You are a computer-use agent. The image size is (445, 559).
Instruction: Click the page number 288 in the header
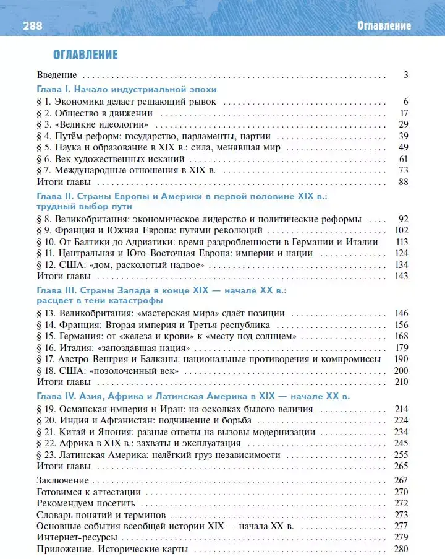(32, 25)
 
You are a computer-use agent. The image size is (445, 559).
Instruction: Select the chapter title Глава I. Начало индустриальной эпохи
(126, 89)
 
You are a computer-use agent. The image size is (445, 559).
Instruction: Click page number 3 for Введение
(406, 75)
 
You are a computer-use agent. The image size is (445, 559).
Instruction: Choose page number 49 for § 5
(404, 147)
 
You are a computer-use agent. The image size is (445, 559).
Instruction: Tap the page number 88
(404, 182)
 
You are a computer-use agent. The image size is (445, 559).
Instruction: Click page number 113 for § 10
(402, 242)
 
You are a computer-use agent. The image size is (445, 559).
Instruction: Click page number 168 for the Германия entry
(402, 336)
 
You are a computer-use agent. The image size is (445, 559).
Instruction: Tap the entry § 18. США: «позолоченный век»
(108, 371)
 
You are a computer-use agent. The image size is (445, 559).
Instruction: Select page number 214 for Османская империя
(402, 409)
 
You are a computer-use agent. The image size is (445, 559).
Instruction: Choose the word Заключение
(63, 480)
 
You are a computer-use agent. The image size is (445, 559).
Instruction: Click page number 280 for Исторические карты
(402, 549)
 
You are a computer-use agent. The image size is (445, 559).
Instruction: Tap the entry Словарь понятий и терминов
(100, 514)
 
